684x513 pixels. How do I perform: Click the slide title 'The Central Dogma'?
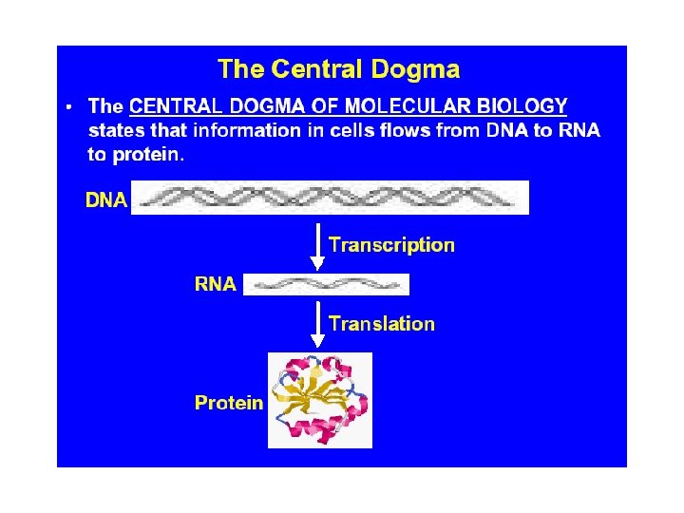(338, 69)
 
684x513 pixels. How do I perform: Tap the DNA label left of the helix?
(106, 200)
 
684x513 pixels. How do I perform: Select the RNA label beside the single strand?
(216, 283)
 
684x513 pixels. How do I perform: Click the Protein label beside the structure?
(229, 403)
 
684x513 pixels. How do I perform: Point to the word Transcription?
(391, 245)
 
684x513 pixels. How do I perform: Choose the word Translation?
(382, 324)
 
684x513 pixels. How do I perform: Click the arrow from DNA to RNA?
(318, 246)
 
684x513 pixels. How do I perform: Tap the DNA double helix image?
(329, 198)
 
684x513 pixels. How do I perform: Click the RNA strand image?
(326, 284)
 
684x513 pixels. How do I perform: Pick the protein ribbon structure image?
(320, 400)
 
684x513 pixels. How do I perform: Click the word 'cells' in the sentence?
(359, 130)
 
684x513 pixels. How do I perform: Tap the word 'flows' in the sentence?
(407, 130)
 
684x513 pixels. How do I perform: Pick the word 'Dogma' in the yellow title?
(419, 69)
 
